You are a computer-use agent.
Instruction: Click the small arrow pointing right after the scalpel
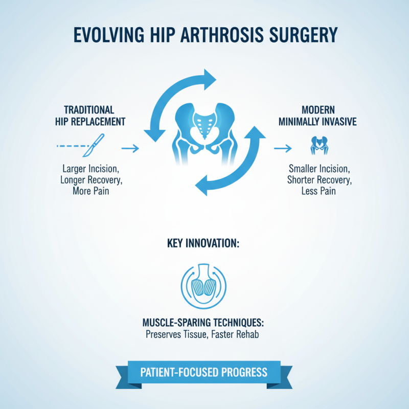130,148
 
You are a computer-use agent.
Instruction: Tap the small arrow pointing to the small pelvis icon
282,148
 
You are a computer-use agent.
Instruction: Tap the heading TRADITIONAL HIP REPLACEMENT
89,116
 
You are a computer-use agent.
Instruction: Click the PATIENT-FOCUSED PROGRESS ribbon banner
204,372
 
